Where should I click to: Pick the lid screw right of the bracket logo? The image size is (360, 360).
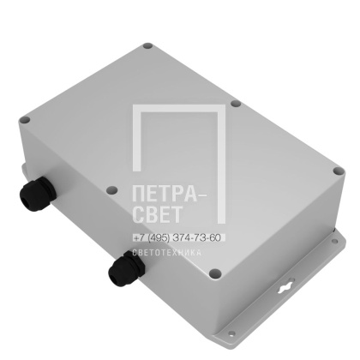(x=235, y=103)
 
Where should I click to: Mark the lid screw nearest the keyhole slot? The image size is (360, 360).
(x=215, y=273)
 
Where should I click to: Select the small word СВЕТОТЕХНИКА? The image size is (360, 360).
(x=167, y=253)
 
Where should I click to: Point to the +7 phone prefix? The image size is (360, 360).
(x=139, y=237)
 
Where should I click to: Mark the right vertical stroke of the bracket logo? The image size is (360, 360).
(x=221, y=163)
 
